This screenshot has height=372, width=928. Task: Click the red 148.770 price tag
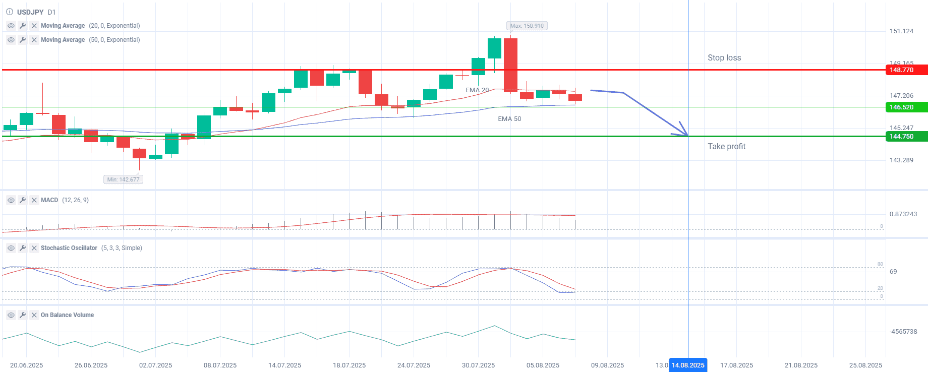click(x=906, y=70)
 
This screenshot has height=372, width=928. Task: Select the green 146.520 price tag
click(x=906, y=107)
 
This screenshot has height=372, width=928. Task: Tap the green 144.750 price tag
click(x=906, y=137)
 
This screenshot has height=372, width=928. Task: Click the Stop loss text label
click(x=724, y=58)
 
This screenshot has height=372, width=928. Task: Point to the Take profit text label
click(x=726, y=147)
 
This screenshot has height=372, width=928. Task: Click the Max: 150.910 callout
click(x=527, y=26)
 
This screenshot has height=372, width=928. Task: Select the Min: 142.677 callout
click(x=124, y=179)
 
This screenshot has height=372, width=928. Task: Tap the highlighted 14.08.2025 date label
click(x=688, y=365)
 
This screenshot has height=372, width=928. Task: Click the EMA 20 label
click(x=477, y=90)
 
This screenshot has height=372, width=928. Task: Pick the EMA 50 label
click(x=509, y=119)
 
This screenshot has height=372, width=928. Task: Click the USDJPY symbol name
click(x=30, y=12)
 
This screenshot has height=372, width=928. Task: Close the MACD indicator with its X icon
click(x=34, y=200)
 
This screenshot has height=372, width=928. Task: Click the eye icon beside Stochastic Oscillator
click(x=11, y=248)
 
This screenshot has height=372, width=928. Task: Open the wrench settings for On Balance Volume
click(x=23, y=315)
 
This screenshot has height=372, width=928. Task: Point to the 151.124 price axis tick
click(x=901, y=31)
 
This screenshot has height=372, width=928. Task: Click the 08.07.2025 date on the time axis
click(x=220, y=365)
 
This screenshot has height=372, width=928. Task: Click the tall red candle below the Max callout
click(x=510, y=66)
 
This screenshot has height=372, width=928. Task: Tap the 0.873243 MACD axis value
click(x=903, y=214)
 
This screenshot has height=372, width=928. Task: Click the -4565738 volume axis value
click(x=903, y=332)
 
